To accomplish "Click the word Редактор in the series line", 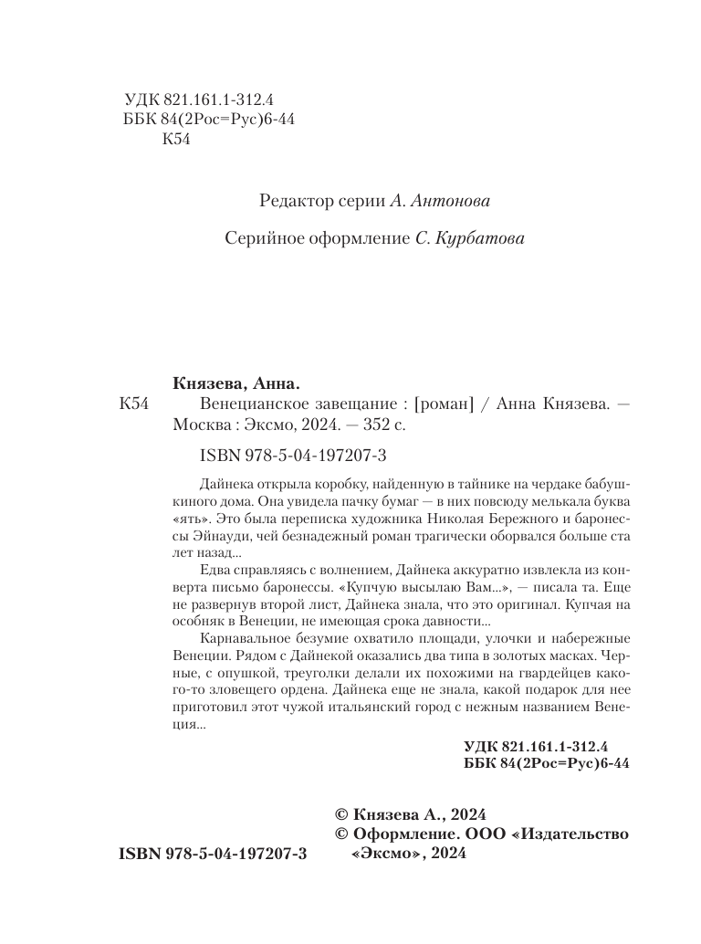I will coord(291,200).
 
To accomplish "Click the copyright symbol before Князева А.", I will coord(342,815).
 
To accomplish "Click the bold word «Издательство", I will coord(570,834).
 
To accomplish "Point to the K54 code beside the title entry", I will coord(134,404).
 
